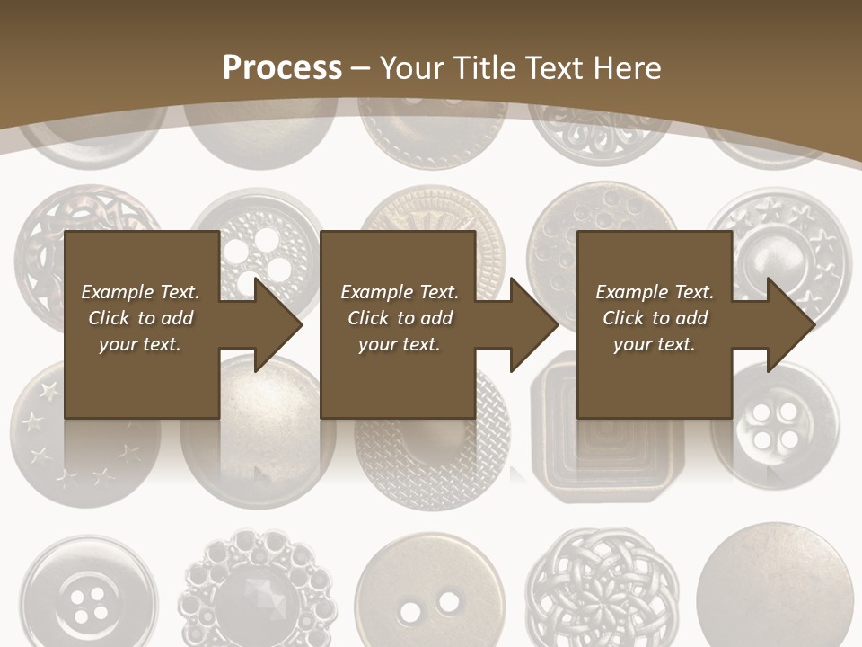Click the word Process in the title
coord(282,68)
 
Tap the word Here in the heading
coord(627,68)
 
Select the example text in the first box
coord(140,318)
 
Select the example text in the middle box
coord(400,318)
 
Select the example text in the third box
coord(655,318)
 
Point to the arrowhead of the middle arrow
coord(533,324)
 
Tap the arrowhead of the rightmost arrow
coord(790,324)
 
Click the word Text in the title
coord(557,68)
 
